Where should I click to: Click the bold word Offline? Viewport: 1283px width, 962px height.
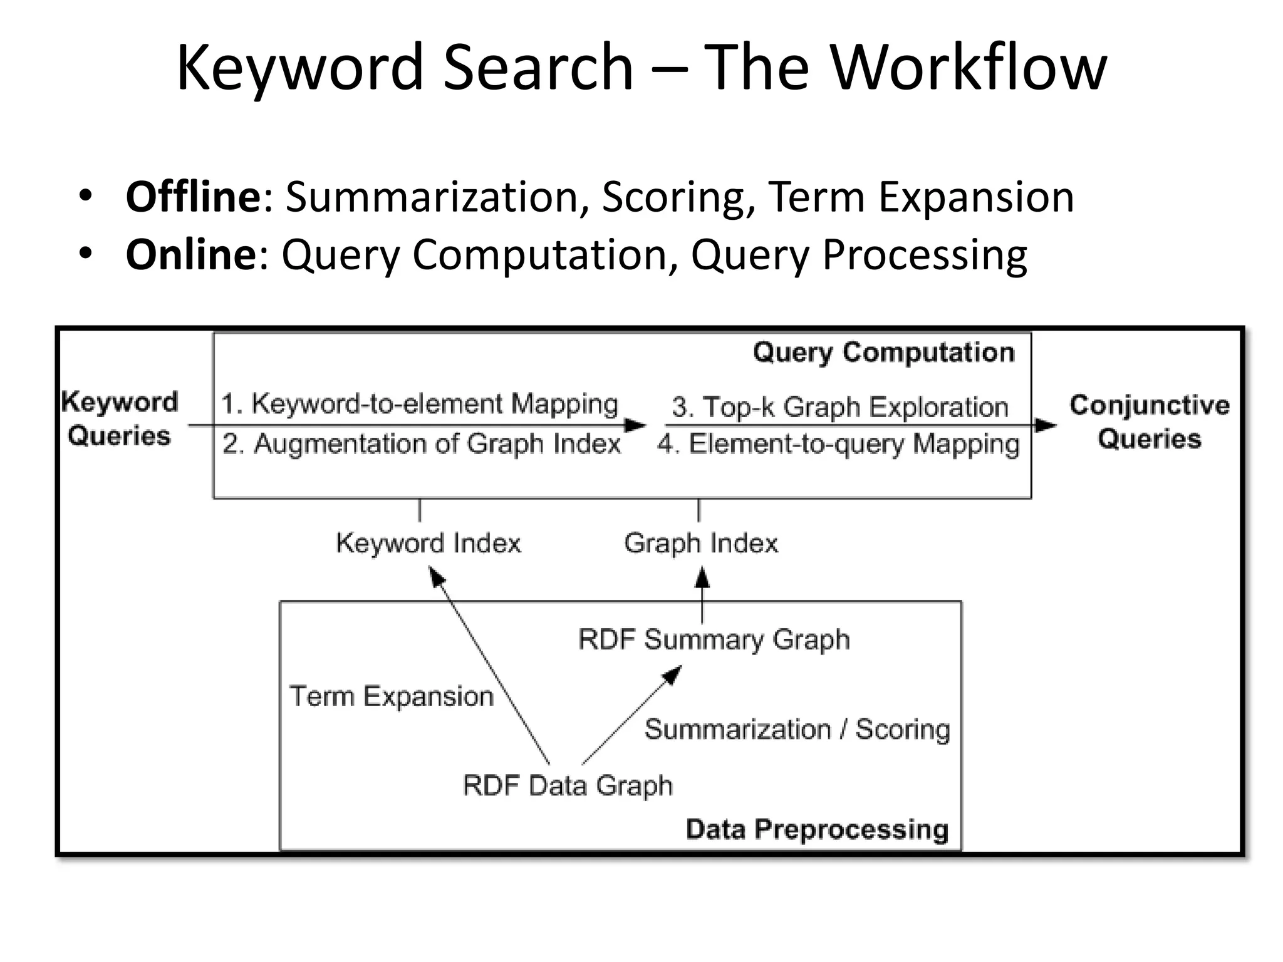pyautogui.click(x=193, y=197)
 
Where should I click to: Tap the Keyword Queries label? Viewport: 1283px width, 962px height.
pyautogui.click(x=119, y=418)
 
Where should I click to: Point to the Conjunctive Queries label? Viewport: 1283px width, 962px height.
pyautogui.click(x=1149, y=422)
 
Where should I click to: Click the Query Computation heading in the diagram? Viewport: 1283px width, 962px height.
pyautogui.click(x=883, y=353)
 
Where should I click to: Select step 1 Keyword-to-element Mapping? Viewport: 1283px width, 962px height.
pyautogui.click(x=420, y=404)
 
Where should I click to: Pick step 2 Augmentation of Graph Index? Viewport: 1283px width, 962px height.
pyautogui.click(x=421, y=444)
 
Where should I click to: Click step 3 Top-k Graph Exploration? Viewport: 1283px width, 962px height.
pyautogui.click(x=839, y=407)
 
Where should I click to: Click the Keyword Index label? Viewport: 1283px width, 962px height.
pyautogui.click(x=429, y=543)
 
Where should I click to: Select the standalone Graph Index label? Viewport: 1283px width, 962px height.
pyautogui.click(x=700, y=543)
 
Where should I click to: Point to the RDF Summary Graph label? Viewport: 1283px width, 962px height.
pyautogui.click(x=714, y=639)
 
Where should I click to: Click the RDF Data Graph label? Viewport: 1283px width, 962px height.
pyautogui.click(x=567, y=785)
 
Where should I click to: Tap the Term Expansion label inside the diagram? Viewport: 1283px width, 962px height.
pyautogui.click(x=392, y=696)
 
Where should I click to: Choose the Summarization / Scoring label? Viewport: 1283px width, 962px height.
pyautogui.click(x=797, y=730)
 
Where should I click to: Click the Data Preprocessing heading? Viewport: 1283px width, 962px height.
pyautogui.click(x=817, y=829)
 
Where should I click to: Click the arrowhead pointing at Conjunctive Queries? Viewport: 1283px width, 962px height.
pyautogui.click(x=1045, y=426)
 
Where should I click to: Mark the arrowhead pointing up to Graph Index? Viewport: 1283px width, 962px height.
pyautogui.click(x=702, y=577)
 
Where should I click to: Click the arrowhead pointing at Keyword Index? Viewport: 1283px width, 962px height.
pyautogui.click(x=437, y=576)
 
